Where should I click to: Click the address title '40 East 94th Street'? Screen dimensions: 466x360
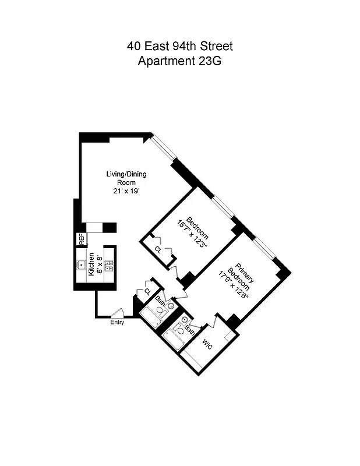[179, 46]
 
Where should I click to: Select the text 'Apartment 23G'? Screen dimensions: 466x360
[179, 61]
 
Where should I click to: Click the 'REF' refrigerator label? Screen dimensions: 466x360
[82, 239]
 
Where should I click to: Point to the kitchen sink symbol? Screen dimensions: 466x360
[81, 264]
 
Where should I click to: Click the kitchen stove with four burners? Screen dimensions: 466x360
[108, 264]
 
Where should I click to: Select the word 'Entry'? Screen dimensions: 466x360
[117, 323]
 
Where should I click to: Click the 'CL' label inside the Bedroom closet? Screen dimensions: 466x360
[158, 249]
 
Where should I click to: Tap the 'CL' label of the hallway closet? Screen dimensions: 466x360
[147, 291]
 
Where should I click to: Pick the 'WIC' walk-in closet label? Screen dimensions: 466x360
[208, 345]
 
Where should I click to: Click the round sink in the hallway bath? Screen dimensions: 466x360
[171, 305]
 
